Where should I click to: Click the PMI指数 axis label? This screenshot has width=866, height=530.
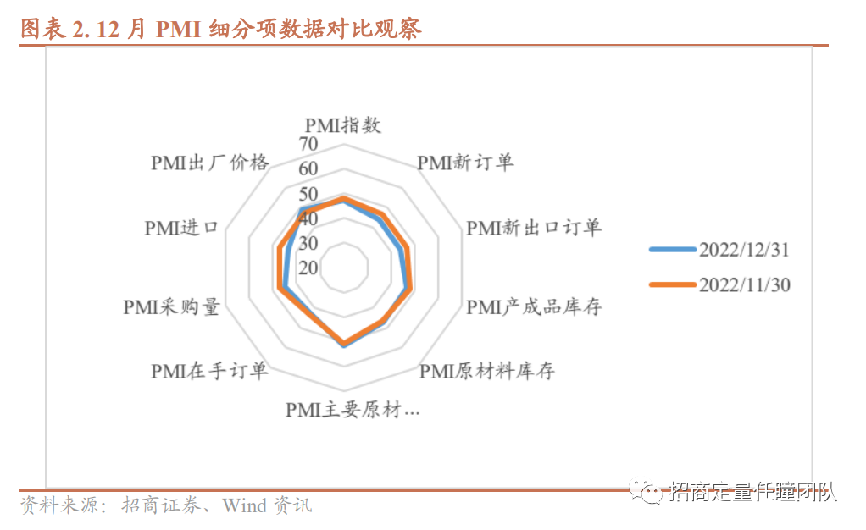click(x=342, y=125)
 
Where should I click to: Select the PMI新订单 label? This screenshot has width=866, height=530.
click(x=465, y=162)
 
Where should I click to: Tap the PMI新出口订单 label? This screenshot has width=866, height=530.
click(x=534, y=227)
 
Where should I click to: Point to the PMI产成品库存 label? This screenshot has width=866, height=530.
click(x=534, y=306)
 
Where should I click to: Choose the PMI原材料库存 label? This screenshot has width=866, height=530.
click(x=487, y=371)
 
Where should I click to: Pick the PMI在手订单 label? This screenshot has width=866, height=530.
click(x=209, y=371)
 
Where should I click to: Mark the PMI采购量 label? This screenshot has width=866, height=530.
click(x=171, y=306)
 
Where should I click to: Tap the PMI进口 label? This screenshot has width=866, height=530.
click(x=181, y=227)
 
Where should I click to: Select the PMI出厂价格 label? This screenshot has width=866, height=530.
click(x=209, y=162)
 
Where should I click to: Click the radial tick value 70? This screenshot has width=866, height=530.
click(x=308, y=143)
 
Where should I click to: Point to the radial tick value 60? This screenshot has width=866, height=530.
click(x=308, y=168)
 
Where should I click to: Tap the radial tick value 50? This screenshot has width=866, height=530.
click(x=308, y=193)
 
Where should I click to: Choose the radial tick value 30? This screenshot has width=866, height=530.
click(x=308, y=243)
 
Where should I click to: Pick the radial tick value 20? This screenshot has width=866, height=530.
click(x=308, y=268)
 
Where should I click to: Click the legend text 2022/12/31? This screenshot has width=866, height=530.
click(x=744, y=250)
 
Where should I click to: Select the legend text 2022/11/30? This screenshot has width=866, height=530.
click(x=744, y=285)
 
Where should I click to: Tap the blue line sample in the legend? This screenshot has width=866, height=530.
click(x=672, y=250)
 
